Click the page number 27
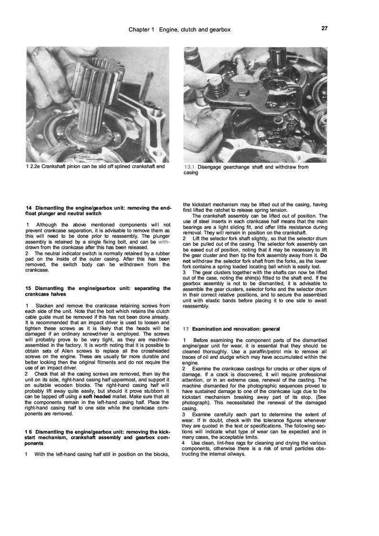(325, 29)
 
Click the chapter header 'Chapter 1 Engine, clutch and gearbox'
(179, 30)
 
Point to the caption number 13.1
(189, 167)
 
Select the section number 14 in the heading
(29, 207)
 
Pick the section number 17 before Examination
(186, 329)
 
